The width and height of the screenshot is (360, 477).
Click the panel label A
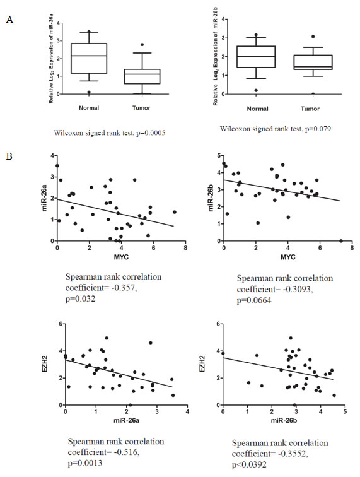(x=9, y=20)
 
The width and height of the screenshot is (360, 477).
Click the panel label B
(x=9, y=156)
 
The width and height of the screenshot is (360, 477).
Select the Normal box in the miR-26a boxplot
(x=89, y=59)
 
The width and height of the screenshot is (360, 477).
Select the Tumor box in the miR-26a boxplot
(x=142, y=76)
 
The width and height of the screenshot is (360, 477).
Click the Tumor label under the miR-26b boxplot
(x=310, y=109)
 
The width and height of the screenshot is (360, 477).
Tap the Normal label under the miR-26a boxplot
(x=89, y=108)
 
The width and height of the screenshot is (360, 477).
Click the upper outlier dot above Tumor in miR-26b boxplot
(x=313, y=37)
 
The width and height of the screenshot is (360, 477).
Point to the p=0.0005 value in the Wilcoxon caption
(x=151, y=133)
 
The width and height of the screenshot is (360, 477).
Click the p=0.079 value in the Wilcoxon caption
(x=317, y=129)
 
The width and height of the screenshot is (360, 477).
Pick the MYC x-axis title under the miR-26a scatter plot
(x=121, y=257)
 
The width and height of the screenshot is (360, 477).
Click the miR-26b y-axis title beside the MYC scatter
(x=212, y=199)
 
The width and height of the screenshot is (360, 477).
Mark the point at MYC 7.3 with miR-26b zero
(x=341, y=240)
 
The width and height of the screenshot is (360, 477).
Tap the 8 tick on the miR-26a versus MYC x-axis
(x=185, y=248)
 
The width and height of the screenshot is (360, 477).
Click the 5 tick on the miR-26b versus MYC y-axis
(x=218, y=156)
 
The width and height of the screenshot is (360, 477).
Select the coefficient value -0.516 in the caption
(x=127, y=452)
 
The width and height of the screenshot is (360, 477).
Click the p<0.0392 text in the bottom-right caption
(x=249, y=464)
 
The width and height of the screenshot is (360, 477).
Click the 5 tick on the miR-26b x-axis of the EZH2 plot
(x=345, y=412)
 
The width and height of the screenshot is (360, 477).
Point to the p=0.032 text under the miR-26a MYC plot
(x=80, y=298)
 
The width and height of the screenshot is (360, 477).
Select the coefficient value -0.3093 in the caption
(x=298, y=289)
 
